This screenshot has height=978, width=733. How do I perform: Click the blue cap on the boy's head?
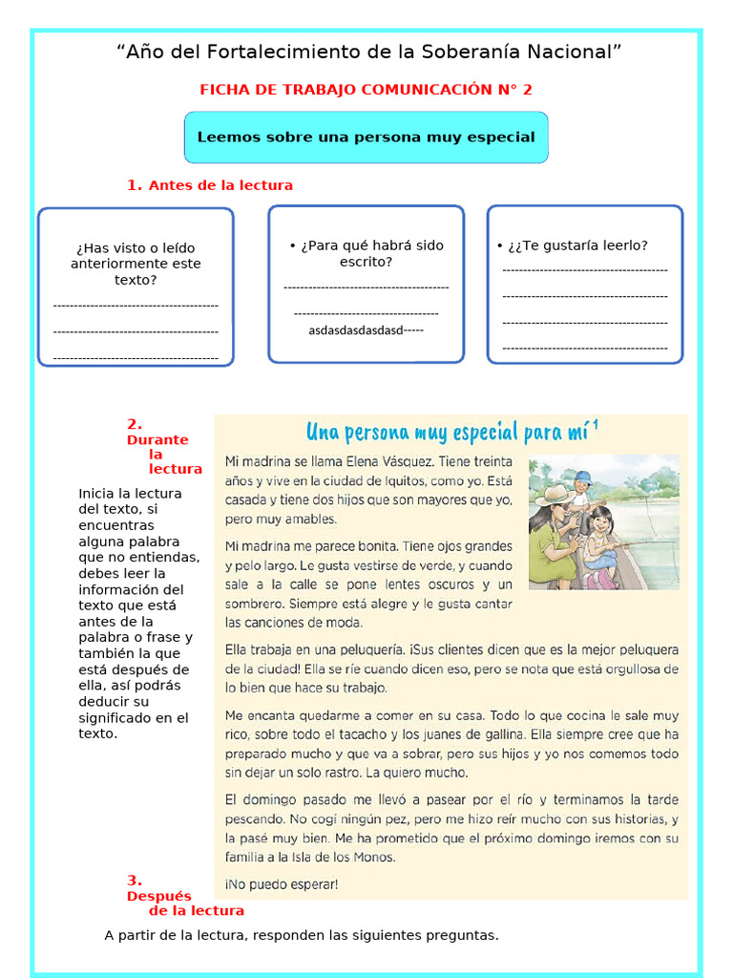point(582,477)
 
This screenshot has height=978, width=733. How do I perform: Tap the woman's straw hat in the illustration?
point(553,496)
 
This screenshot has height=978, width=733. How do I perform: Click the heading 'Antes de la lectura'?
point(220,185)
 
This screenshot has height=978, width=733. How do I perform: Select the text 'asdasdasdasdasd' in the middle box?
point(355,330)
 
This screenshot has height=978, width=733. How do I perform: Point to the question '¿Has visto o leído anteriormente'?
point(136,256)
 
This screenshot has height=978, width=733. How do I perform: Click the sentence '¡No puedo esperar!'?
point(282,884)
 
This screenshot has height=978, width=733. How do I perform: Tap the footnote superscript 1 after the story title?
point(596,425)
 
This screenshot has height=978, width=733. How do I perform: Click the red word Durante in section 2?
point(157,440)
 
